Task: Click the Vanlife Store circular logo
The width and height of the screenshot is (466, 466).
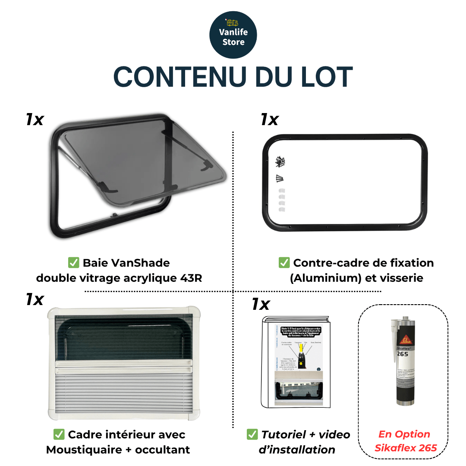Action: click(233, 35)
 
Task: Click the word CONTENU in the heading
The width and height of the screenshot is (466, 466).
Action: click(173, 77)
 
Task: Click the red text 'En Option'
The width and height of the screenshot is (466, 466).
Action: click(404, 434)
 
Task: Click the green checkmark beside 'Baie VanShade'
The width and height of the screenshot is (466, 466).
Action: click(73, 263)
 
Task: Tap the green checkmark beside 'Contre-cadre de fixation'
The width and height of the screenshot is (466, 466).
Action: click(283, 263)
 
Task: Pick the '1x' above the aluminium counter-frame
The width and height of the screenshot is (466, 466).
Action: click(269, 120)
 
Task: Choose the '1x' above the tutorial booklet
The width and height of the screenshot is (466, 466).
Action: click(261, 304)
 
